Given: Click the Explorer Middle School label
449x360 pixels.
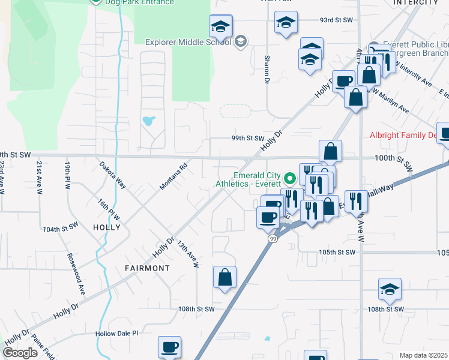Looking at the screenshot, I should [x=188, y=42].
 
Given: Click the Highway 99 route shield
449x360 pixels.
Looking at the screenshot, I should [x=272, y=239].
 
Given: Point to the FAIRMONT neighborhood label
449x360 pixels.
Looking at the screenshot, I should [x=147, y=268].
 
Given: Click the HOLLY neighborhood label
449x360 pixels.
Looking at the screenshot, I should [x=107, y=227].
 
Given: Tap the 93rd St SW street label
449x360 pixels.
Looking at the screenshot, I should [x=336, y=20].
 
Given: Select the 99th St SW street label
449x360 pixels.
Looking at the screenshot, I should [x=248, y=138].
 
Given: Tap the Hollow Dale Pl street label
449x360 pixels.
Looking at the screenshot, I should [x=116, y=333].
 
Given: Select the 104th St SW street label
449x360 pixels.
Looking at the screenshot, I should [x=61, y=229].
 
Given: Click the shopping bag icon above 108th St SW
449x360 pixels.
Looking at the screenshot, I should [x=224, y=277].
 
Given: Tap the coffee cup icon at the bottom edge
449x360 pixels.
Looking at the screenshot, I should [x=170, y=347].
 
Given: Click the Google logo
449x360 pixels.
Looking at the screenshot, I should [x=20, y=353].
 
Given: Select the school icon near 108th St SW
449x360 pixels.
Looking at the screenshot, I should [x=390, y=290].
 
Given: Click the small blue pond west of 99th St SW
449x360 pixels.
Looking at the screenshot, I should [x=148, y=121].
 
